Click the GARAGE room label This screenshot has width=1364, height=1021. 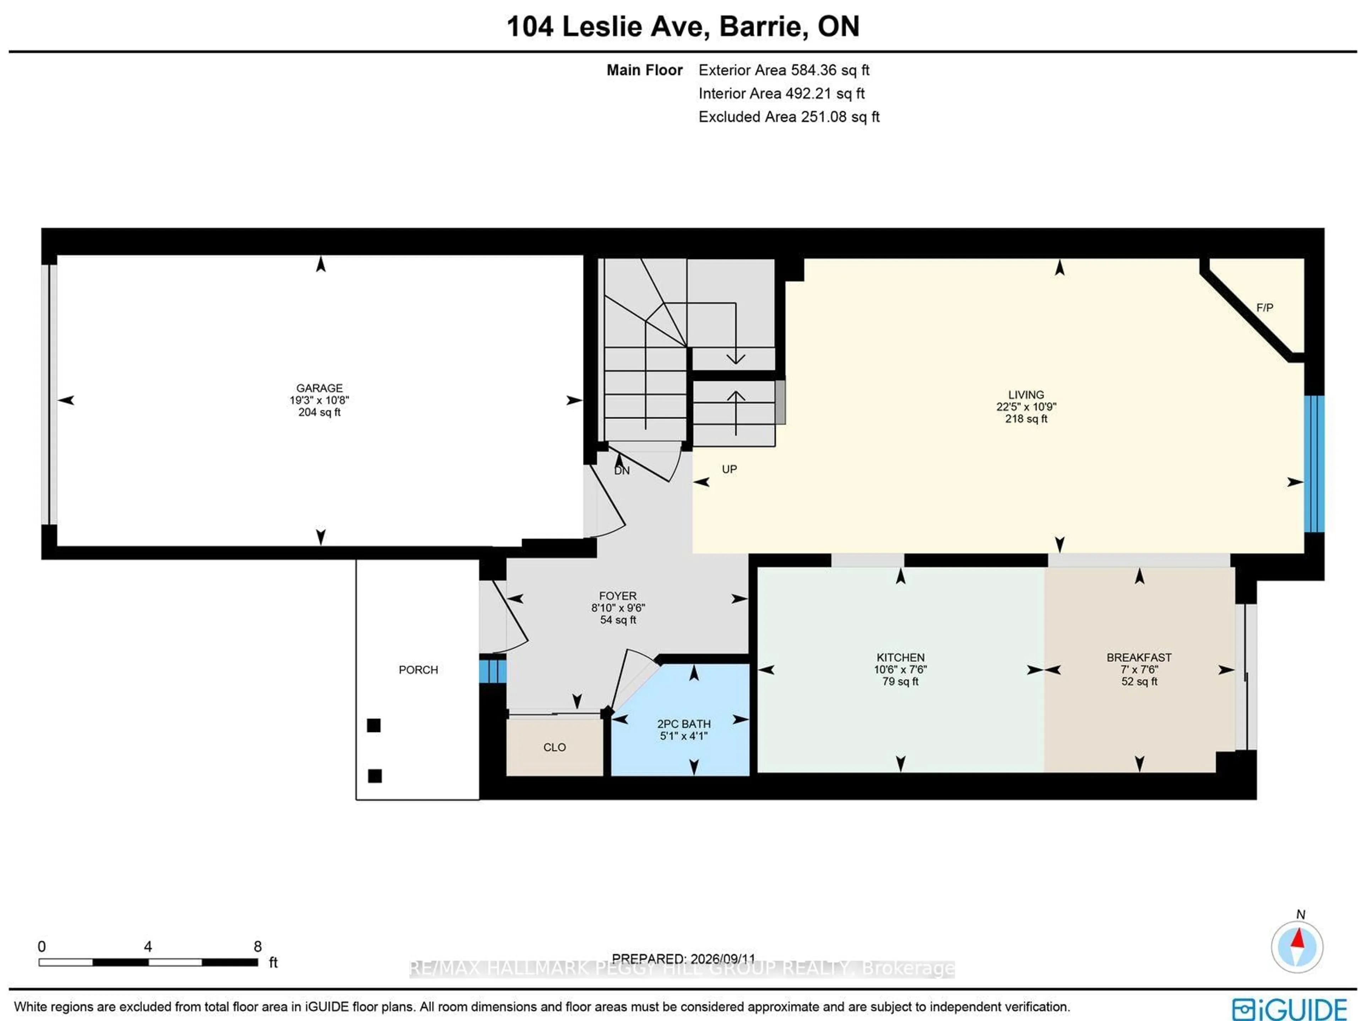(319, 388)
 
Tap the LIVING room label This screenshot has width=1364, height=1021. (1026, 395)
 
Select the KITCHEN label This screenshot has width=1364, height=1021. (900, 657)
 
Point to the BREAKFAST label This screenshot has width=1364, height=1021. (1139, 657)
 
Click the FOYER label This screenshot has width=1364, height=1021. (618, 596)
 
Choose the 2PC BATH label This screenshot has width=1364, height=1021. (684, 724)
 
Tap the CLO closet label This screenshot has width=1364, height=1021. (554, 747)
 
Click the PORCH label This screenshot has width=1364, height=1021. (418, 669)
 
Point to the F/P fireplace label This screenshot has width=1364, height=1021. (1265, 307)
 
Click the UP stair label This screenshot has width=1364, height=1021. (730, 469)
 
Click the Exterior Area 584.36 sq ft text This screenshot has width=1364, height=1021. (784, 70)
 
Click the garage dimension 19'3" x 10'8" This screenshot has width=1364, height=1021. (319, 400)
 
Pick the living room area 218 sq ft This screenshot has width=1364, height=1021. (1026, 419)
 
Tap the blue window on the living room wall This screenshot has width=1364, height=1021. (1314, 464)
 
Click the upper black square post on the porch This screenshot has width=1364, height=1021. (374, 726)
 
